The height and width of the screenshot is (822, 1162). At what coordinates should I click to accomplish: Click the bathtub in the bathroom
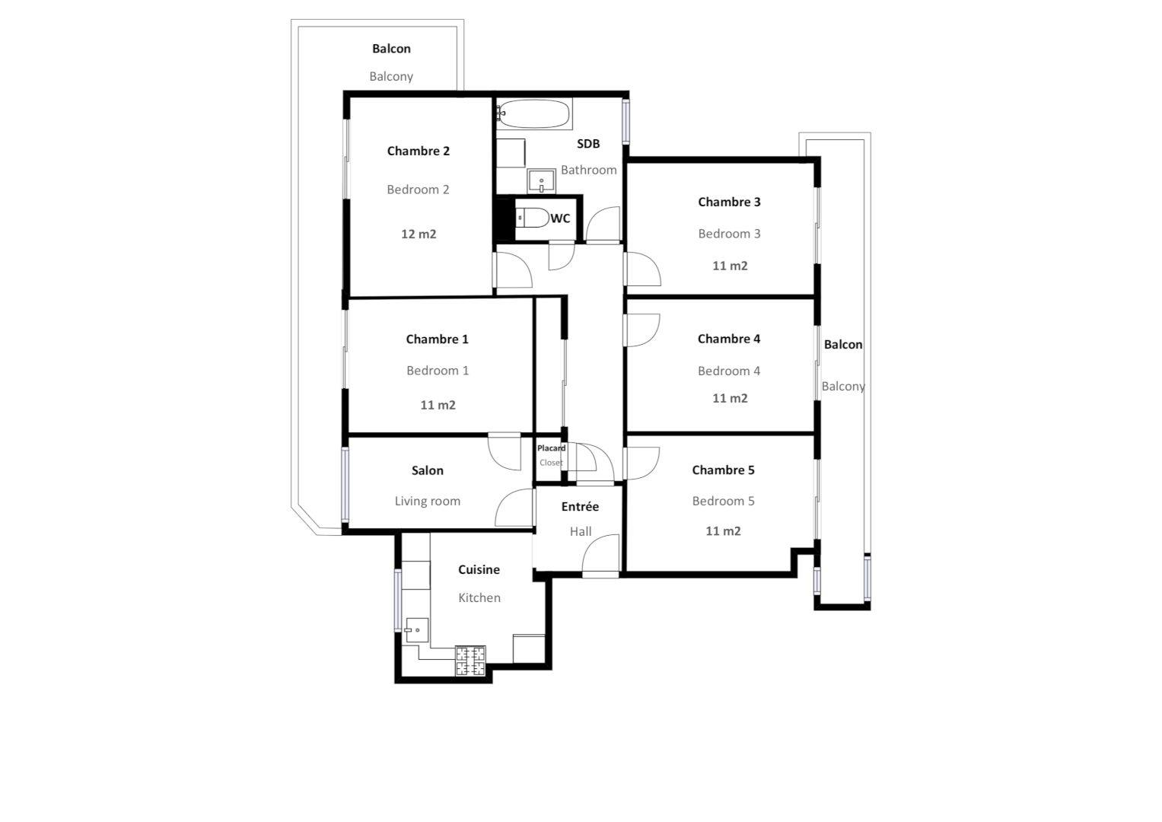pyautogui.click(x=534, y=113)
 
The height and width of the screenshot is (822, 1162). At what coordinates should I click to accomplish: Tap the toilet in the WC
pyautogui.click(x=533, y=218)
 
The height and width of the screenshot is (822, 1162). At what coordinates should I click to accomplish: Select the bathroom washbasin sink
pyautogui.click(x=542, y=181)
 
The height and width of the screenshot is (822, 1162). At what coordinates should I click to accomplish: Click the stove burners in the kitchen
pyautogui.click(x=470, y=661)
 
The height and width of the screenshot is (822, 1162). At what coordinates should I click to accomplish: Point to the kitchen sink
pyautogui.click(x=416, y=630)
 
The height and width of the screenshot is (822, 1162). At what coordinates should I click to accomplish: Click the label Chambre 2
pyautogui.click(x=418, y=151)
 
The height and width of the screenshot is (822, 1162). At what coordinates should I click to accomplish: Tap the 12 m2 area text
pyautogui.click(x=419, y=234)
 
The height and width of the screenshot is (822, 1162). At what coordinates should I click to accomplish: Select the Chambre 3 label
pyautogui.click(x=729, y=202)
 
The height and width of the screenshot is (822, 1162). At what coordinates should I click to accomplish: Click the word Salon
pyautogui.click(x=428, y=470)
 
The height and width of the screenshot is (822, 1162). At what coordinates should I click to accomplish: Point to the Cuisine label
pyautogui.click(x=479, y=570)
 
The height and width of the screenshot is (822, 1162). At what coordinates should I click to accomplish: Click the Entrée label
pyautogui.click(x=580, y=506)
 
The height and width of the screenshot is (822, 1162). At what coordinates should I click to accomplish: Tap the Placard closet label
pyautogui.click(x=551, y=448)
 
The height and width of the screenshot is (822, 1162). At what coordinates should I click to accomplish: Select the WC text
pyautogui.click(x=560, y=218)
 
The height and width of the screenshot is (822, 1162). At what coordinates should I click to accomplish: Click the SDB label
pyautogui.click(x=588, y=144)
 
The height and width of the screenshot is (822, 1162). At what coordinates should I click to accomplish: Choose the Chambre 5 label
pyautogui.click(x=723, y=470)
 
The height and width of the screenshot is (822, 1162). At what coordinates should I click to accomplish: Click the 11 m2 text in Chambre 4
pyautogui.click(x=730, y=399)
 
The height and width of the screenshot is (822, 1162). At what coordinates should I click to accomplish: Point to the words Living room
pyautogui.click(x=428, y=502)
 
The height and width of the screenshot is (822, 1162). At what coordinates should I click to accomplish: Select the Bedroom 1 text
pyautogui.click(x=438, y=371)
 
